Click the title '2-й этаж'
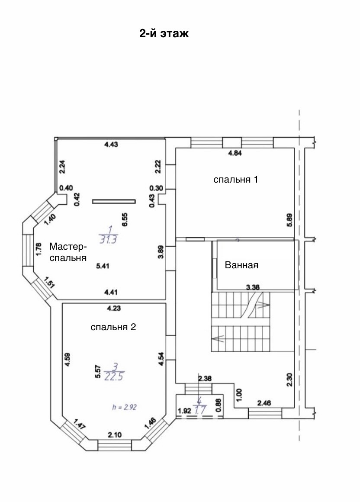[x=164, y=33]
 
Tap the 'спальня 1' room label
[x=235, y=179]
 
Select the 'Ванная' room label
[x=241, y=265]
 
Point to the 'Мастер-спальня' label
[x=68, y=252]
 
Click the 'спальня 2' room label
[x=113, y=327]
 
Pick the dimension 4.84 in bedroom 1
[x=235, y=153]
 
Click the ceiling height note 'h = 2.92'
[x=125, y=407]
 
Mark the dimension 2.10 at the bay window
[x=115, y=435]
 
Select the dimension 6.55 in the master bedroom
[x=125, y=220]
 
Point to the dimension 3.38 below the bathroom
[x=253, y=287]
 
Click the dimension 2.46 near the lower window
[x=264, y=403]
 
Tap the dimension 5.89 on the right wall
[x=289, y=221]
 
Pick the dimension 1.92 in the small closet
[x=184, y=411]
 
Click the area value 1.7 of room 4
[x=200, y=410]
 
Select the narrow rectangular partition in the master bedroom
[x=114, y=201]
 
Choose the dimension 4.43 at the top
[x=111, y=145]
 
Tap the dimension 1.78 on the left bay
[x=39, y=249]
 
